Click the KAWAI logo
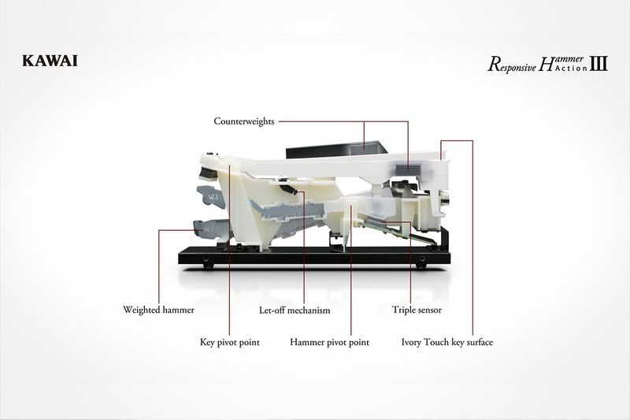(x=50, y=61)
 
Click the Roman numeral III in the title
(x=598, y=64)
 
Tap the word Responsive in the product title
(x=512, y=65)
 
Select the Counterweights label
(x=244, y=121)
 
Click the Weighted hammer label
(x=158, y=310)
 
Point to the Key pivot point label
(x=230, y=343)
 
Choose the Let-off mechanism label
(x=295, y=310)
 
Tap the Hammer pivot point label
(x=329, y=343)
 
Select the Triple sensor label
(x=417, y=310)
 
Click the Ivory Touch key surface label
(x=447, y=343)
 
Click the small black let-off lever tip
(x=288, y=188)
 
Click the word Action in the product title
(x=572, y=68)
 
